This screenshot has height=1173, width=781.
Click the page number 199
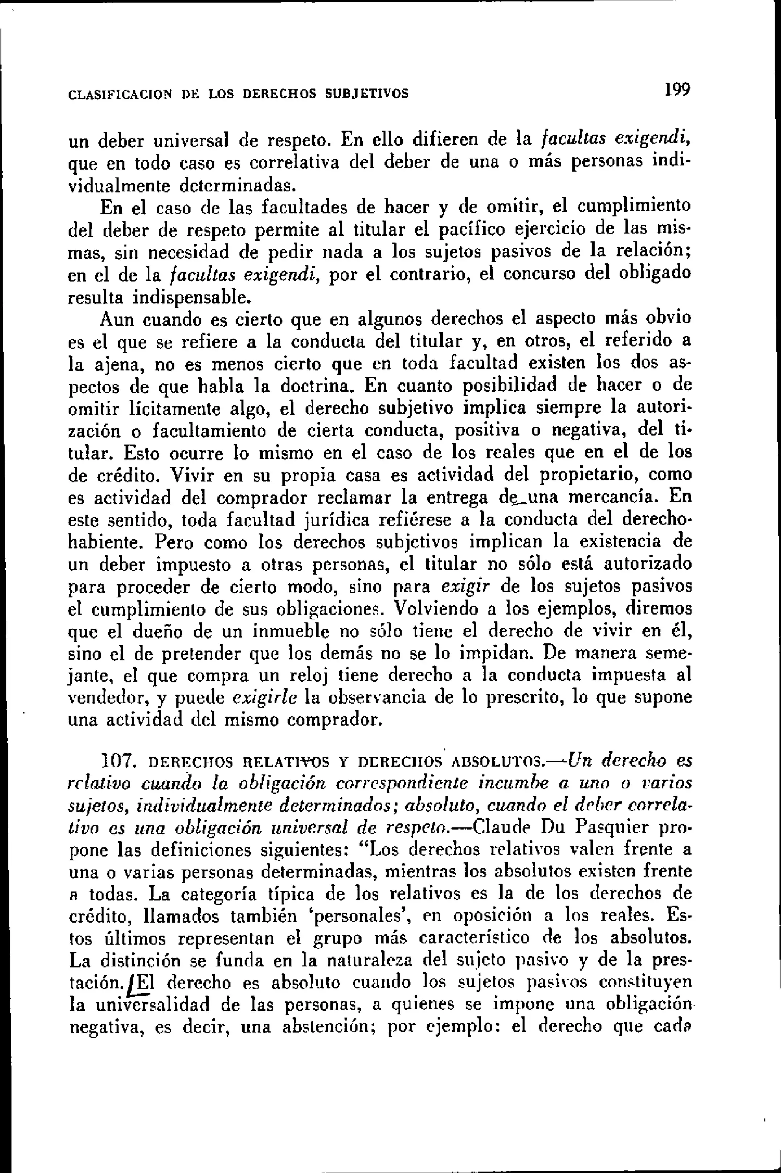[675, 90]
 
